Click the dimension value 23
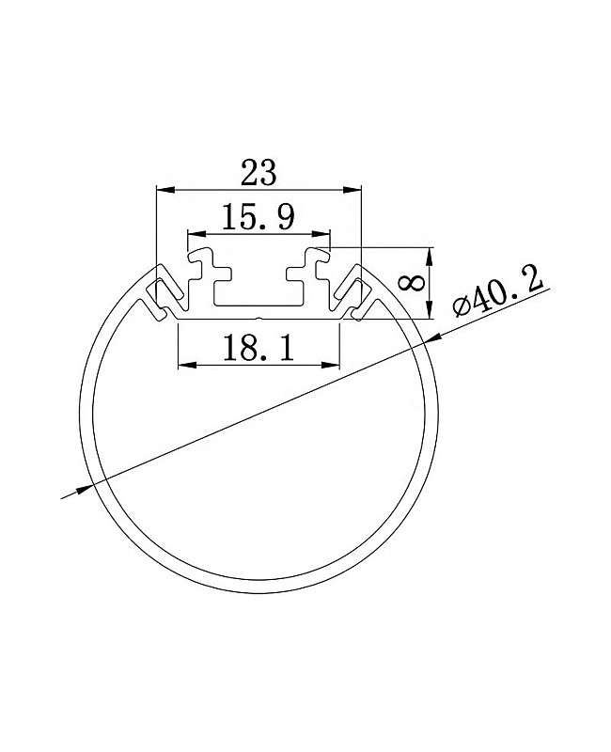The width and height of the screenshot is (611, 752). (x=258, y=173)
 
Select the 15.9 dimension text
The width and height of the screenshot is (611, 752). (x=258, y=217)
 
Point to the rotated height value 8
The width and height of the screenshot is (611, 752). (x=412, y=283)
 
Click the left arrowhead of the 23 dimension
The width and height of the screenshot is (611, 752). (x=165, y=190)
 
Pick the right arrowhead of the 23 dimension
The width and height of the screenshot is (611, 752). (x=352, y=190)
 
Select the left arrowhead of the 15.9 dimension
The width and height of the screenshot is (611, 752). (x=196, y=234)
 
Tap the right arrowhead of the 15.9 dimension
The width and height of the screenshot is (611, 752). (x=321, y=234)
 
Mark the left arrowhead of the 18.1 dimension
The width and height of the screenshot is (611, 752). (x=186, y=365)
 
